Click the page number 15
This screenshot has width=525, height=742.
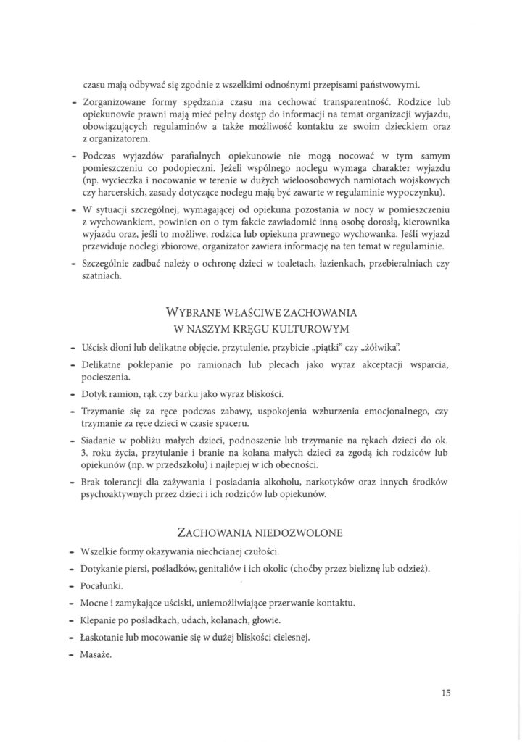[446, 693]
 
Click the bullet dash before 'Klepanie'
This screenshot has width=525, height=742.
[74, 620]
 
